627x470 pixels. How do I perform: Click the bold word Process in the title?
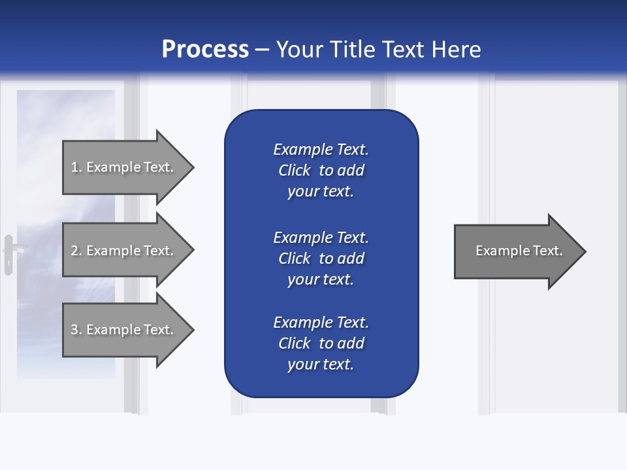pos(205,50)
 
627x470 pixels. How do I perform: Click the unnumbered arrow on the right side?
pos(516,251)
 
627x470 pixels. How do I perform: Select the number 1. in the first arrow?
pos(76,167)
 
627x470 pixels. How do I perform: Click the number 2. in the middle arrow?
pos(76,251)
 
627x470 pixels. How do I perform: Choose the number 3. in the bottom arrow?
pos(76,330)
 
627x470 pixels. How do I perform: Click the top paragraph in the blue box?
pos(321,170)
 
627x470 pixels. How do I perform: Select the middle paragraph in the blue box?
pos(321,258)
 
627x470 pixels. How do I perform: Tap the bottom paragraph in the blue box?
pos(321,343)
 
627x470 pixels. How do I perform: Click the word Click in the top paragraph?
pos(295,170)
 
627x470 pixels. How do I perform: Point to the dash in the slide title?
pos(263,50)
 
